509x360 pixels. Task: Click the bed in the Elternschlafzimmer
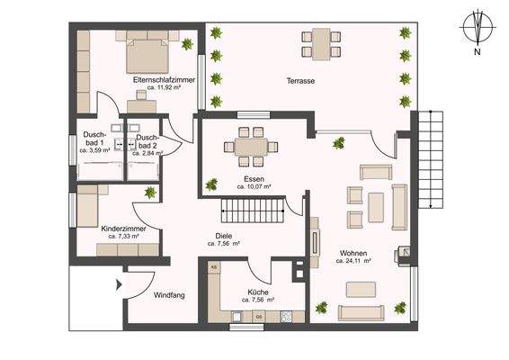pos(146,53)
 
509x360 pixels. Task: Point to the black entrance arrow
pos(118,287)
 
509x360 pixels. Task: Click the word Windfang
pos(169,294)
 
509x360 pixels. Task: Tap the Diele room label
pos(223,237)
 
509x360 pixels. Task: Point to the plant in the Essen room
pos(211,184)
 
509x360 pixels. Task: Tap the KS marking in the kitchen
pos(214,268)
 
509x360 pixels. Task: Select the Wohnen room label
pos(353,253)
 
